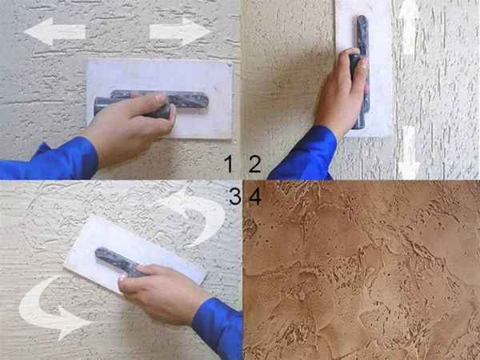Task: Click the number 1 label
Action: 228,164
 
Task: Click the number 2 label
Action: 254,164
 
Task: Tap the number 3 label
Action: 235,196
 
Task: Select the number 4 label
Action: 255,196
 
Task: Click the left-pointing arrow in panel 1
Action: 54,31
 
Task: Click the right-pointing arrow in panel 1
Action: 181,31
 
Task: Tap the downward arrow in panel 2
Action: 410,153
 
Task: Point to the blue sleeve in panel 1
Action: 52,161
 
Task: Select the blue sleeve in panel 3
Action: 219,327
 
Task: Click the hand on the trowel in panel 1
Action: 129,129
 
